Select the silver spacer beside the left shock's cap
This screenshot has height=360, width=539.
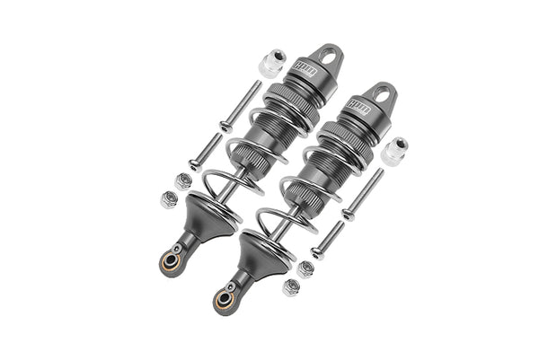271,66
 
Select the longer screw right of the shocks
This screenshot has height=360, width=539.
361,195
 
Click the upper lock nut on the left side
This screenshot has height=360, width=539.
183,180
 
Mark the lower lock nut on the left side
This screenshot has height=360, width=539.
168,198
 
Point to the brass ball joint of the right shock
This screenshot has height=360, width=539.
222,296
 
